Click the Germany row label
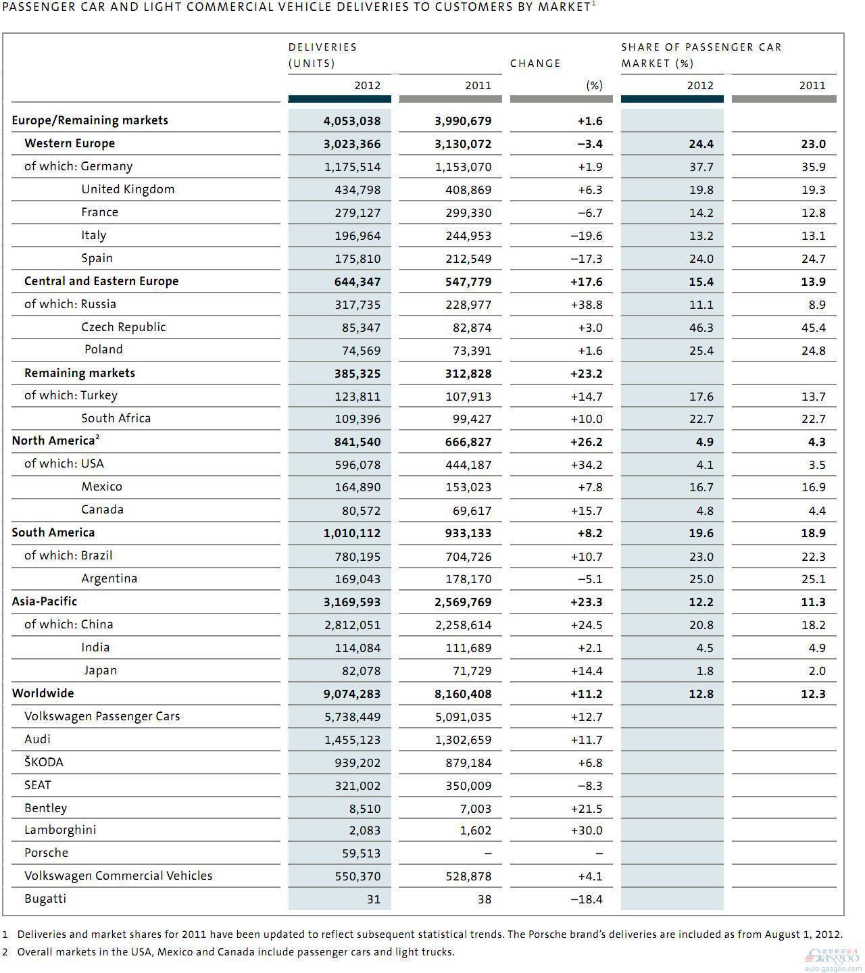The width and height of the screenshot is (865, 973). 78,166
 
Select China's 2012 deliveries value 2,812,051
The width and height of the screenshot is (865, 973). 352,625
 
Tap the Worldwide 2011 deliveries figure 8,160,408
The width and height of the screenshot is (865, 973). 463,694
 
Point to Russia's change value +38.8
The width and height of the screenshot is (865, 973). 587,305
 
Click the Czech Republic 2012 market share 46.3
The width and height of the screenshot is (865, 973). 701,328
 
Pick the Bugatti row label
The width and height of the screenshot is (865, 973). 45,899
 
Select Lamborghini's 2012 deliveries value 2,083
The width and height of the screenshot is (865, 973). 365,830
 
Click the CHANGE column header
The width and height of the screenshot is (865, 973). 535,64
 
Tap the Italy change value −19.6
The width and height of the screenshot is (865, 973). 587,236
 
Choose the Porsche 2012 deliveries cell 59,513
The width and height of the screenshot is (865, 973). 361,853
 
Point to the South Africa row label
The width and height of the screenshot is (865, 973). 116,418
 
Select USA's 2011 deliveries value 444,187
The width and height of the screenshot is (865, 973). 468,465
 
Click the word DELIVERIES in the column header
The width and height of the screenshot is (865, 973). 323,47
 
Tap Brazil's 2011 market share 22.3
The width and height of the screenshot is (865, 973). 813,557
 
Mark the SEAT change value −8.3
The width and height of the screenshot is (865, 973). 590,786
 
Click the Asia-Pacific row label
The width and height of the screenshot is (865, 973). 44,601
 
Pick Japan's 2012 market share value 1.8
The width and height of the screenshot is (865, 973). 705,671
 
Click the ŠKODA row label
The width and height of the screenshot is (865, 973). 44,762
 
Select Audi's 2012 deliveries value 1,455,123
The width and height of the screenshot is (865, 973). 352,740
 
